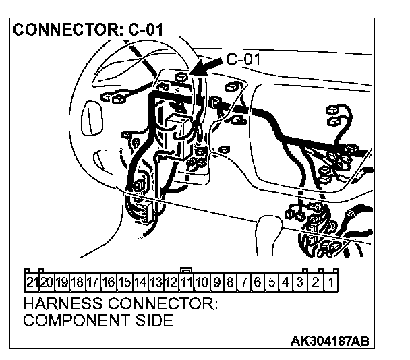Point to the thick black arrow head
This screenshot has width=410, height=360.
(197, 69)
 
